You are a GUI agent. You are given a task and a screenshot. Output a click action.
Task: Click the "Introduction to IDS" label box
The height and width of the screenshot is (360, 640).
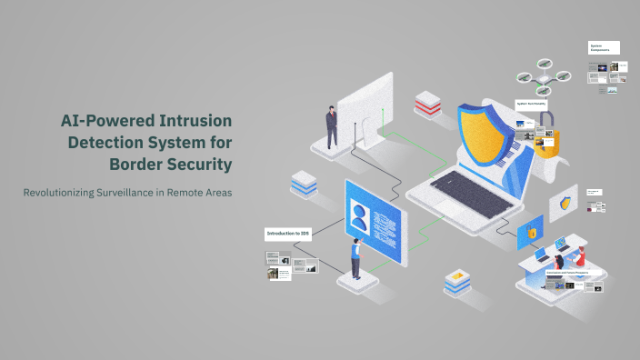(289, 234)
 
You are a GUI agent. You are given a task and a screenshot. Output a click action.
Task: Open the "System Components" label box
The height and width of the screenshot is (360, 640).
(604, 47)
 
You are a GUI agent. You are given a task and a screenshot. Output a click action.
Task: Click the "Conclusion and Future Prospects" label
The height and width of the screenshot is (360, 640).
(568, 272)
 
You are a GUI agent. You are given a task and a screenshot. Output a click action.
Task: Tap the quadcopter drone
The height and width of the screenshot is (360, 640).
(543, 78)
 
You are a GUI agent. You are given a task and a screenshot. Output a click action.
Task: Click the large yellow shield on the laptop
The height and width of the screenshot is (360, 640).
(481, 129)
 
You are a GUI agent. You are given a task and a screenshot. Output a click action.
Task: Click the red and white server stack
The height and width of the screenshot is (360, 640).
(427, 105)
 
